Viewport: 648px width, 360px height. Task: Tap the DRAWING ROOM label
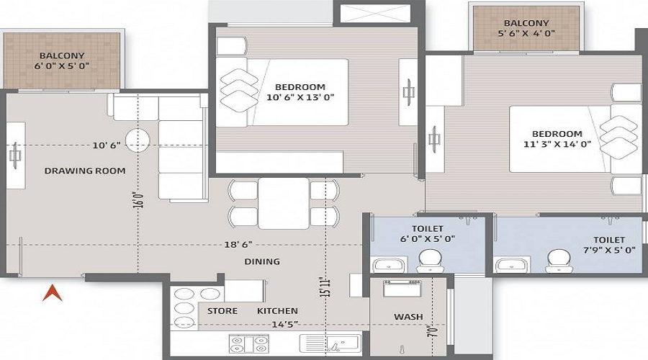coord(85,171)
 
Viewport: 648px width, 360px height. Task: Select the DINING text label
coord(261,261)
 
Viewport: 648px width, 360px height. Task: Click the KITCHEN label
coord(277,311)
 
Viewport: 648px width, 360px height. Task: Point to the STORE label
coord(222,311)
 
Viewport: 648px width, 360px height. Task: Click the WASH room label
coord(408,317)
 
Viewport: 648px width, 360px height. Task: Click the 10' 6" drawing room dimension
coord(106,145)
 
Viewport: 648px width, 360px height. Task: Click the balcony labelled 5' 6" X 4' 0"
coord(526,27)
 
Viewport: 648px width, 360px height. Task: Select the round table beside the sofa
coord(138,139)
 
